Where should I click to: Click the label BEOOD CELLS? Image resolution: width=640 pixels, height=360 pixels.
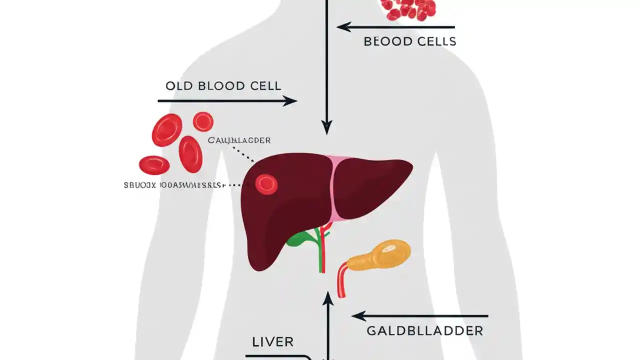tap(410, 41)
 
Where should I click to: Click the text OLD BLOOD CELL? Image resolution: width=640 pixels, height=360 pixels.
tap(223, 85)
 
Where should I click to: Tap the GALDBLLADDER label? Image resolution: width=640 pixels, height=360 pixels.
tap(424, 330)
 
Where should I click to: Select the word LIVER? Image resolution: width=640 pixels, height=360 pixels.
tap(272, 342)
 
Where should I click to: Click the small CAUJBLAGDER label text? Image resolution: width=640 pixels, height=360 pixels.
tap(239, 140)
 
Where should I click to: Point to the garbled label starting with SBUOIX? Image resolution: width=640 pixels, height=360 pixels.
tap(172, 185)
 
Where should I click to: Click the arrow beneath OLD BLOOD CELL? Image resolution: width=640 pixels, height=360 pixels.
tap(227, 101)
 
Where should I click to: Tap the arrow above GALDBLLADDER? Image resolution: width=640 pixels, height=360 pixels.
tap(420, 316)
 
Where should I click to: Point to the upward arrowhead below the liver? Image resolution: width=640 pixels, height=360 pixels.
tap(328, 298)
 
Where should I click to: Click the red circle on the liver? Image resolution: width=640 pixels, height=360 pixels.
tap(266, 184)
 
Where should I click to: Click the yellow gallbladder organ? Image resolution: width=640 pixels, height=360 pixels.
tap(380, 255)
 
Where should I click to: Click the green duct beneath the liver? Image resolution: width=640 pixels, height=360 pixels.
tap(302, 238)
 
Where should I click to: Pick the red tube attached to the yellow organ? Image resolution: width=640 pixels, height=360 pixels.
tap(341, 280)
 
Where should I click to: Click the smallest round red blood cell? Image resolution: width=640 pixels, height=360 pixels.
tap(203, 121)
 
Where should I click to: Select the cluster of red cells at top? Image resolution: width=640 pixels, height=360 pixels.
tap(408, 8)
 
